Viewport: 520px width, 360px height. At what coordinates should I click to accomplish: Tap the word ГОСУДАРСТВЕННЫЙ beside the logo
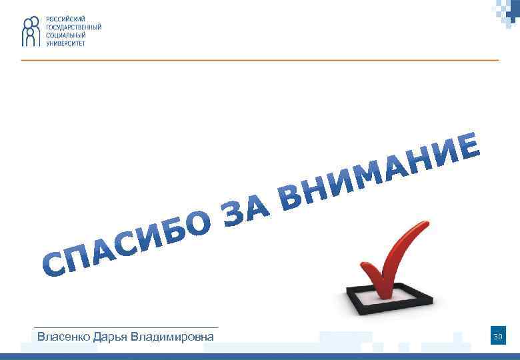point(73,27)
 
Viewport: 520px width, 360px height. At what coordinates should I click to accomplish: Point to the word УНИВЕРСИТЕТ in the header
point(66,43)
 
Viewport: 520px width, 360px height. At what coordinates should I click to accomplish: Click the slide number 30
point(497,337)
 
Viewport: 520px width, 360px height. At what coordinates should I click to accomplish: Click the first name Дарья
point(109,337)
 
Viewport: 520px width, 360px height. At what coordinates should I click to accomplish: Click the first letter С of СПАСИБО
point(55,263)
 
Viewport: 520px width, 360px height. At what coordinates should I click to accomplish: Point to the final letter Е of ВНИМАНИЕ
point(469,145)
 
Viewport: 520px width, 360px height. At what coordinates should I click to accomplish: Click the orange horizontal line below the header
point(260,60)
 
